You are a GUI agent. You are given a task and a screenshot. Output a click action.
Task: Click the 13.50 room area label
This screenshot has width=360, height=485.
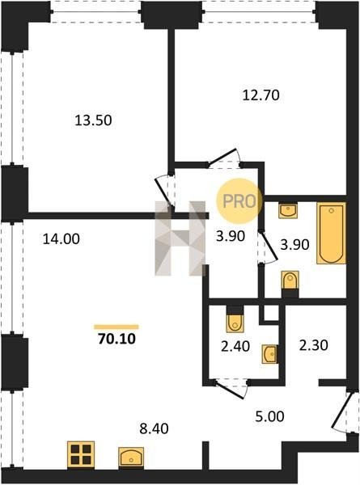(93, 120)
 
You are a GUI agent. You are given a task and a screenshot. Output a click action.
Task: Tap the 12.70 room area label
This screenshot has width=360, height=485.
(261, 95)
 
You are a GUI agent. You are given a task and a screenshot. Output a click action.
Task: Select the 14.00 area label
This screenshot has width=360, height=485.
(61, 239)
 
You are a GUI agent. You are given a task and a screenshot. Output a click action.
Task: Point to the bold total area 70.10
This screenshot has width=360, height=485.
(116, 339)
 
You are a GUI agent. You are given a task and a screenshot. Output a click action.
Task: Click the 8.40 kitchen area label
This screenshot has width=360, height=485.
(154, 428)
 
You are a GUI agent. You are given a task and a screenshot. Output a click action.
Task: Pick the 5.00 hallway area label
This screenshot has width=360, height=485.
(269, 416)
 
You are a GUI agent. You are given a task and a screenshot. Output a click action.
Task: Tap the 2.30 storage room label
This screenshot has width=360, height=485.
(313, 345)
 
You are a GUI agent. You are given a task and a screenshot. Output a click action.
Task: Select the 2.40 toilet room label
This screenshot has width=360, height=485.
(235, 346)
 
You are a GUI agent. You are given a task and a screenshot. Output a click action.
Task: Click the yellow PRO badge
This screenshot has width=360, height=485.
(239, 201)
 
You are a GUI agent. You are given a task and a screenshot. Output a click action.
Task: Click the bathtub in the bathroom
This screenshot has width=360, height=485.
(331, 234)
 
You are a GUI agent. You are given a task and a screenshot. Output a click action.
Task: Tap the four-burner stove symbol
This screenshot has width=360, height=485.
(81, 454)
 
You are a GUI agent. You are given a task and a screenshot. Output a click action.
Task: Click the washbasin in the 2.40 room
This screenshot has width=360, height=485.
(269, 354)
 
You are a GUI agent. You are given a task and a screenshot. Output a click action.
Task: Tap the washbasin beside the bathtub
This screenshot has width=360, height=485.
(288, 211)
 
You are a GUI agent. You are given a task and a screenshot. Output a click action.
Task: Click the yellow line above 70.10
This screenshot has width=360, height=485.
(116, 327)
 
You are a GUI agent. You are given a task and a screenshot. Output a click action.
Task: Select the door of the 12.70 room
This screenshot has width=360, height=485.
(224, 158)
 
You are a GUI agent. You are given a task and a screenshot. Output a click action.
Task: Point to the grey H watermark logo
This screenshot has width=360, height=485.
(180, 238)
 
